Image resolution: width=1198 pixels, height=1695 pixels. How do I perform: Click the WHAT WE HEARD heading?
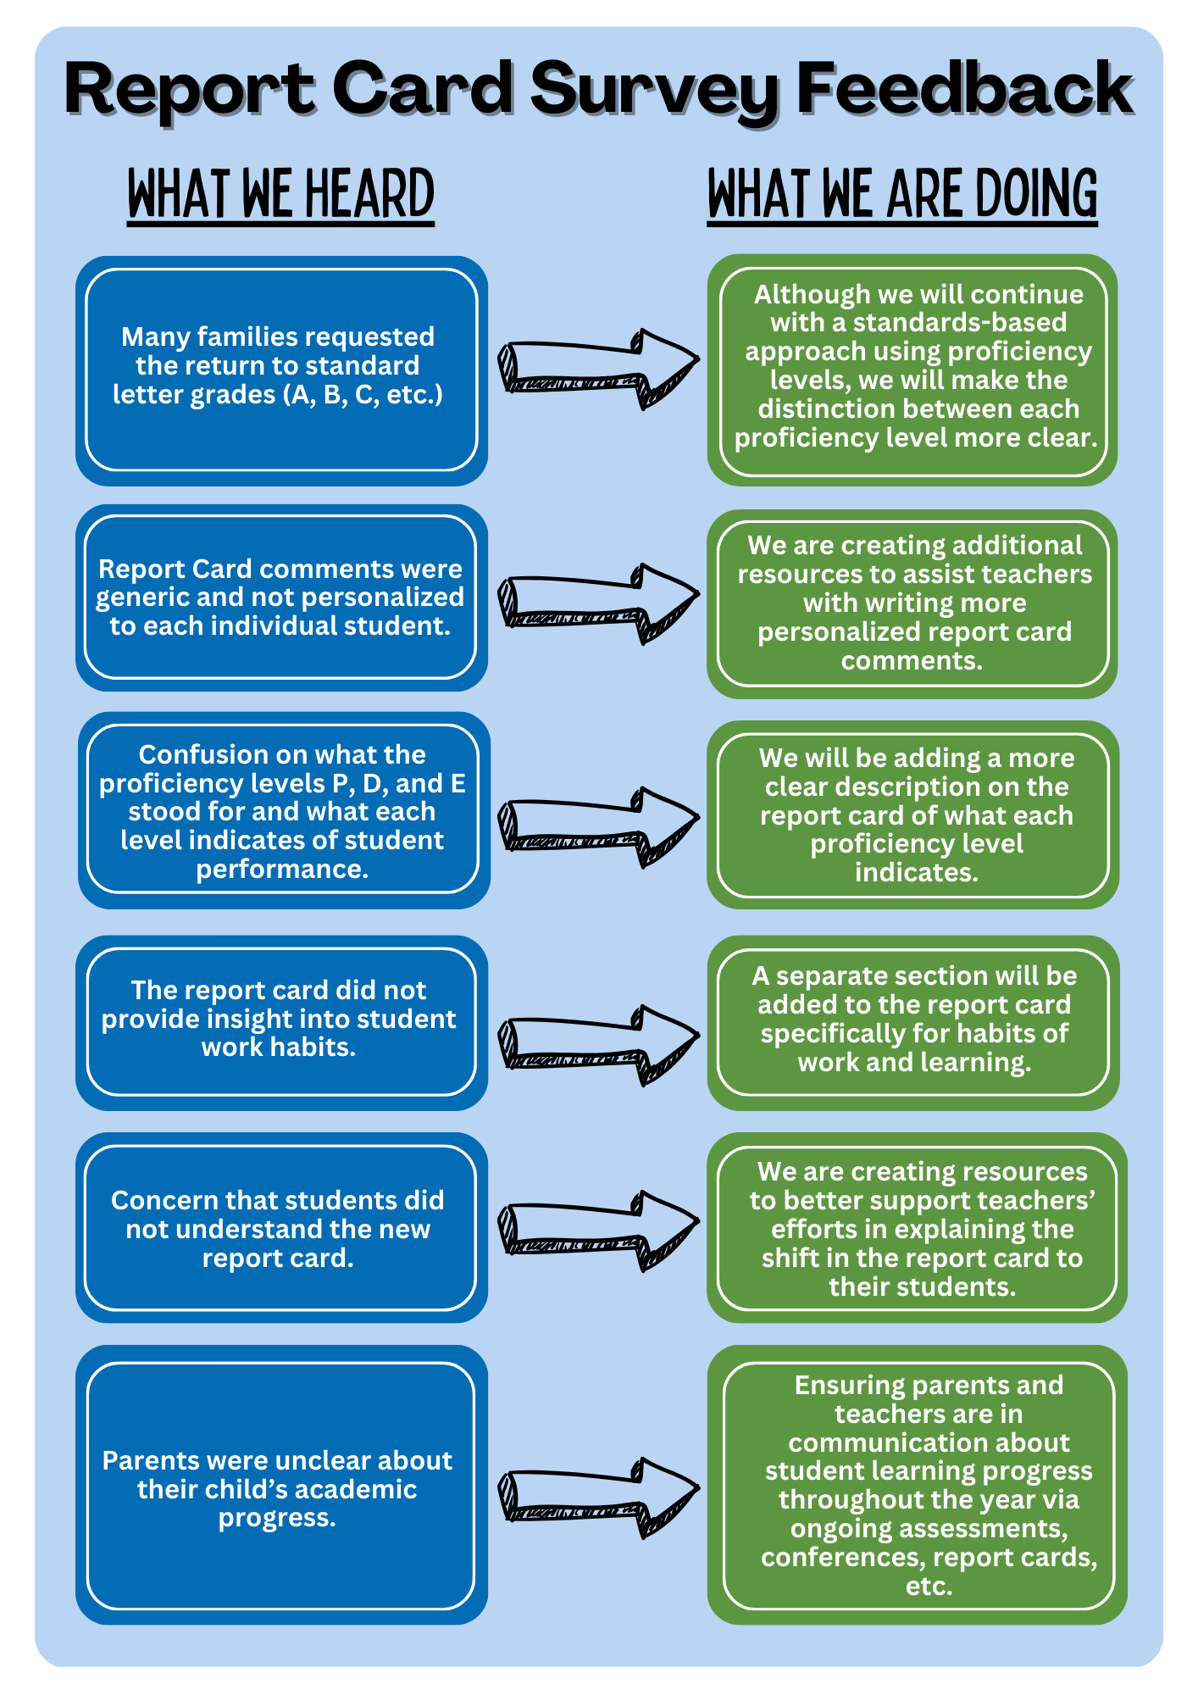click(x=280, y=194)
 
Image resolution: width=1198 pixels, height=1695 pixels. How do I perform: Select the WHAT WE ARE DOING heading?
click(x=902, y=194)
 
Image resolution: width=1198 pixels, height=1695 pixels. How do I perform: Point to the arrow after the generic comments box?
click(x=598, y=603)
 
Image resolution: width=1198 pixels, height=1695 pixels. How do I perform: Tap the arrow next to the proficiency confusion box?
click(x=598, y=827)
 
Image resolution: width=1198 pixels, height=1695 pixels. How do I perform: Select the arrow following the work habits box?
click(x=598, y=1045)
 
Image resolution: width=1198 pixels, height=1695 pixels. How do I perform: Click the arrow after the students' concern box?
click(x=598, y=1231)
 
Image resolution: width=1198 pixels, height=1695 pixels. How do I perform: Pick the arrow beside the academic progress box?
click(x=598, y=1498)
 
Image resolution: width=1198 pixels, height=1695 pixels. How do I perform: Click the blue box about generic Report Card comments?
click(x=281, y=597)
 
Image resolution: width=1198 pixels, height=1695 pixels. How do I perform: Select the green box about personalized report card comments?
click(x=912, y=603)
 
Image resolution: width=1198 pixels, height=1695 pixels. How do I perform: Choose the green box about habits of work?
click(x=913, y=1023)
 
